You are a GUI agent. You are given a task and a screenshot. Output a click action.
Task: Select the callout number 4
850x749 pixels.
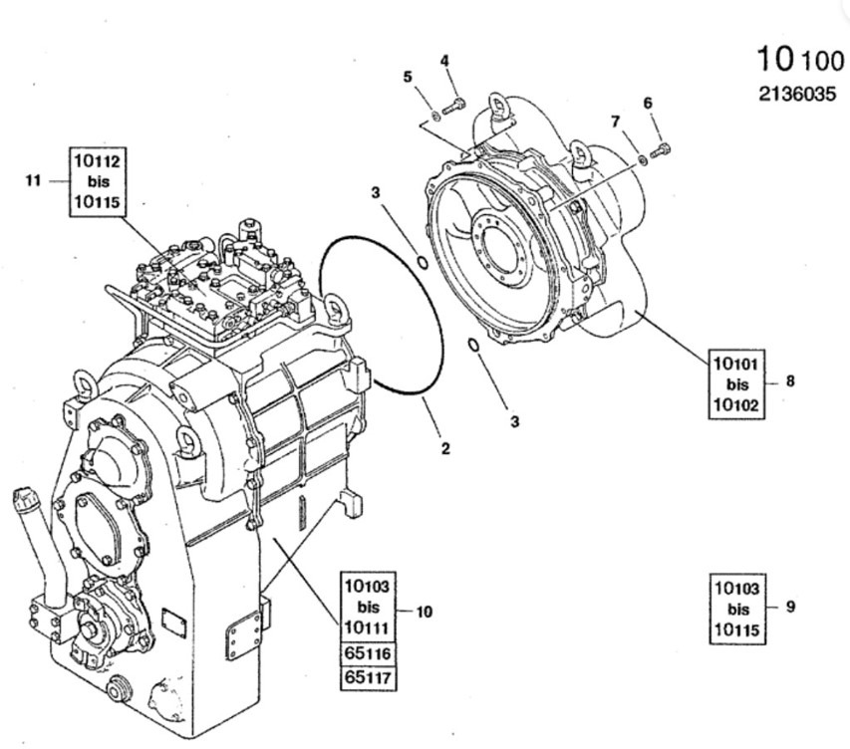pyautogui.click(x=444, y=61)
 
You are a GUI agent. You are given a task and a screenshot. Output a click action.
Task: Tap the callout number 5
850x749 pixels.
pyautogui.click(x=408, y=77)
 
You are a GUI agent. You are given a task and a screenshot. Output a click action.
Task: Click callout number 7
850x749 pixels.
pyautogui.click(x=616, y=121)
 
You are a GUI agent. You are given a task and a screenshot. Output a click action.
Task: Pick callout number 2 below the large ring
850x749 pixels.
pyautogui.click(x=444, y=449)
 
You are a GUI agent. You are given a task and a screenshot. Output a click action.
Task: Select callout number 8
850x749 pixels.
pyautogui.click(x=790, y=380)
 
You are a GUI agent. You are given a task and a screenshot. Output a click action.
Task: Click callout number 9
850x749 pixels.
pyautogui.click(x=790, y=606)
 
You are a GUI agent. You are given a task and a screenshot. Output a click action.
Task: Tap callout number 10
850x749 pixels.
pyautogui.click(x=425, y=612)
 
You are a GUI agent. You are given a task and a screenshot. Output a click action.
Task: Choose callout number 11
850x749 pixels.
pyautogui.click(x=31, y=180)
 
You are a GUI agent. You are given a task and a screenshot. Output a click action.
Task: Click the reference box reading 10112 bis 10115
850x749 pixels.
pyautogui.click(x=99, y=181)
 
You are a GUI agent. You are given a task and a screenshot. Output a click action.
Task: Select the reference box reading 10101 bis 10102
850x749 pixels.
pyautogui.click(x=735, y=383)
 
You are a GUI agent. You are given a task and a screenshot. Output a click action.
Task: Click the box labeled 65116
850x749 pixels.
pyautogui.click(x=368, y=654)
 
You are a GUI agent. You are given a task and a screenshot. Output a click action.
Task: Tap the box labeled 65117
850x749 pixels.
pyautogui.click(x=368, y=678)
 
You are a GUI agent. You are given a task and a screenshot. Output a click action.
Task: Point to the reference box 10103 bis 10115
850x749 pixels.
pyautogui.click(x=737, y=608)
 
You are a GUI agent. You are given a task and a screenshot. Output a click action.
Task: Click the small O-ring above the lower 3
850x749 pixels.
pyautogui.click(x=474, y=345)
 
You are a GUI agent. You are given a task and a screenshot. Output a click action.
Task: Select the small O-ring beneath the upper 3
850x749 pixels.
pyautogui.click(x=422, y=263)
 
